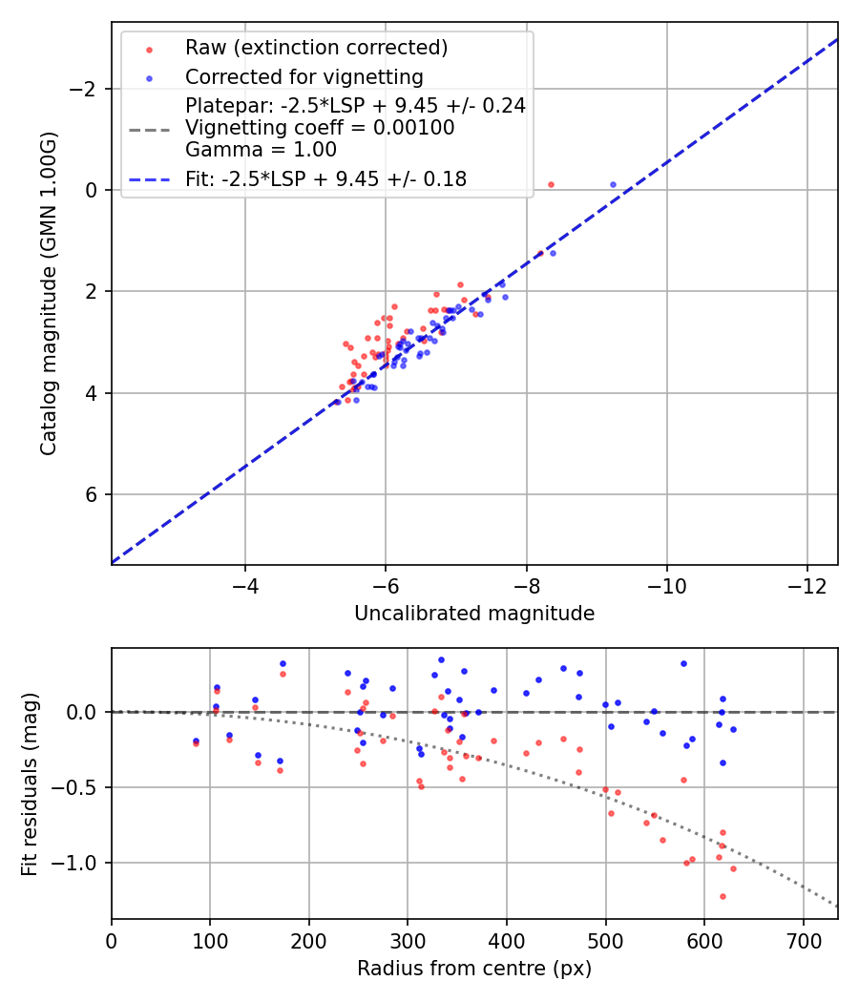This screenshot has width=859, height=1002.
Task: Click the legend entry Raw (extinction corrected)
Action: (x=316, y=48)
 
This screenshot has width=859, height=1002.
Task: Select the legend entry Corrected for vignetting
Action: (x=304, y=76)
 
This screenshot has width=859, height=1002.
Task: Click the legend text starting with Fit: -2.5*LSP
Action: (x=326, y=178)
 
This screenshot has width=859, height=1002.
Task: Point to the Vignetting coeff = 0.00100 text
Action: (x=320, y=128)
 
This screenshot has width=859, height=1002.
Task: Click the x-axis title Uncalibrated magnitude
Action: (x=474, y=614)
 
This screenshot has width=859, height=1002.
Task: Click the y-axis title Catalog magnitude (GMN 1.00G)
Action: (x=49, y=294)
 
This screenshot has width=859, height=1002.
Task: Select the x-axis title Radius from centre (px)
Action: (x=474, y=969)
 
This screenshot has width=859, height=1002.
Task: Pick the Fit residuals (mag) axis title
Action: (x=30, y=783)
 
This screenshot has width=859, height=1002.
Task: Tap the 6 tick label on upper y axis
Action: (x=93, y=494)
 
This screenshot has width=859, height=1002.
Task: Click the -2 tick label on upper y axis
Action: (x=85, y=89)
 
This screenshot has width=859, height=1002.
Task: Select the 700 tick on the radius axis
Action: (x=804, y=941)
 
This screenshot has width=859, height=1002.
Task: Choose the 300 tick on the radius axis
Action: (x=408, y=941)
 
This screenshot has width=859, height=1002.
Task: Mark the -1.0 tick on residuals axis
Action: (x=78, y=863)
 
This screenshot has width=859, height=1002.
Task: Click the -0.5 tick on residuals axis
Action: (x=78, y=787)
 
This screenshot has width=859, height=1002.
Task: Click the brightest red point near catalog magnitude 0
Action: (x=551, y=184)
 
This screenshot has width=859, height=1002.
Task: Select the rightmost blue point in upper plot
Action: (x=613, y=184)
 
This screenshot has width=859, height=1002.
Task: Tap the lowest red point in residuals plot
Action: (x=723, y=896)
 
